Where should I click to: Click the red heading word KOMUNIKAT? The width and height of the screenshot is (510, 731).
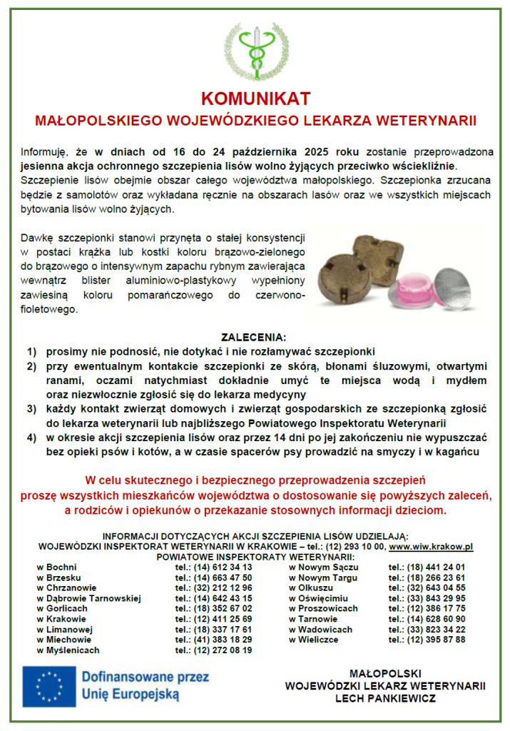(255, 98)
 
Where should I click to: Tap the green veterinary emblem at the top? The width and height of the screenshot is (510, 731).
(256, 51)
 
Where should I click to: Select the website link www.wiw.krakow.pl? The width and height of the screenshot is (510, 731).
(431, 546)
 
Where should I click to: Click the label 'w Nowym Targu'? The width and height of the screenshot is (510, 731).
(323, 578)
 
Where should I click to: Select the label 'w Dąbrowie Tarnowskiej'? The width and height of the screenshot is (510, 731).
(89, 598)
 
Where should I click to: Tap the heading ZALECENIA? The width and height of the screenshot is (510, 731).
(255, 337)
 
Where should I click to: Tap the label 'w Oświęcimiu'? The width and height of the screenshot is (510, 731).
(320, 598)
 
